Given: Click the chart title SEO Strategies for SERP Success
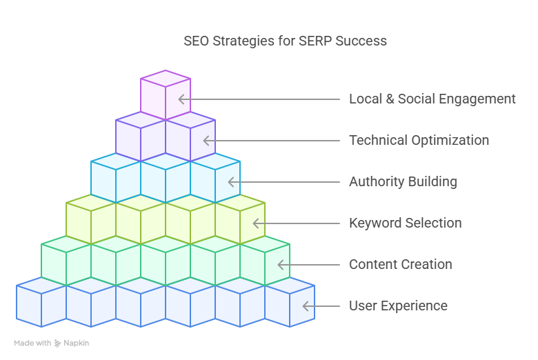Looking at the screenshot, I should click(x=285, y=41).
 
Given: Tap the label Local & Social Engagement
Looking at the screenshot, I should click(x=432, y=99).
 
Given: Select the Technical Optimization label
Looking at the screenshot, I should click(x=419, y=140).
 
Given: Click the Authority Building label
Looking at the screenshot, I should click(x=403, y=182).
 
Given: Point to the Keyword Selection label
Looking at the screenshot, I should click(x=405, y=223).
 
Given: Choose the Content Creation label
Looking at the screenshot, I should click(x=400, y=264).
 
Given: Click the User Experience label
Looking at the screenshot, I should click(x=398, y=306).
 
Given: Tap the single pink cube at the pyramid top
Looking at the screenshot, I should click(x=166, y=95).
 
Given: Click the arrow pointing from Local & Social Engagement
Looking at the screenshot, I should click(x=259, y=99).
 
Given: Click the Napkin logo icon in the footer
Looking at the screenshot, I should click(x=58, y=343).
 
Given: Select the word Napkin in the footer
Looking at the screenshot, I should click(x=77, y=343).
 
